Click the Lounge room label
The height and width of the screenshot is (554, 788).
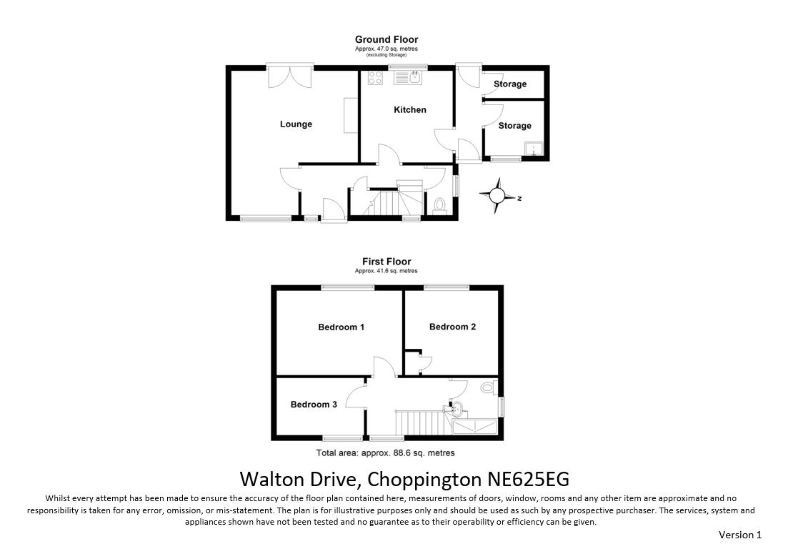296,124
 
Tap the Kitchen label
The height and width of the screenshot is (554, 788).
410,109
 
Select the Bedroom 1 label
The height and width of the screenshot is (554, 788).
341,327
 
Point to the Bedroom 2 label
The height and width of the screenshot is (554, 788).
452,327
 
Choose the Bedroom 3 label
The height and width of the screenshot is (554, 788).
314,404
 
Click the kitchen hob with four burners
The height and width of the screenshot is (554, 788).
375,77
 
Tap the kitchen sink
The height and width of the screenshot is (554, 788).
408,77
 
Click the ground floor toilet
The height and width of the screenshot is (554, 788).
440,206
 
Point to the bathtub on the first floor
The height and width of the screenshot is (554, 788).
475,427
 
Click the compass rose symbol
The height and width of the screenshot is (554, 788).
497,195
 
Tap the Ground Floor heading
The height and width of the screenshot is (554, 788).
386,39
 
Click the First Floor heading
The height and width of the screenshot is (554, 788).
386,262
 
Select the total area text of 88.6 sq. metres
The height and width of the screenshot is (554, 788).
386,453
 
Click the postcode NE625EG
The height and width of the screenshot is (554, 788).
529,479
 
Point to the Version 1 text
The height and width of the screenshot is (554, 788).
740,535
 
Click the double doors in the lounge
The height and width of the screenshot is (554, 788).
290,77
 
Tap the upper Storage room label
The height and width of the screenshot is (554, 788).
510,84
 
